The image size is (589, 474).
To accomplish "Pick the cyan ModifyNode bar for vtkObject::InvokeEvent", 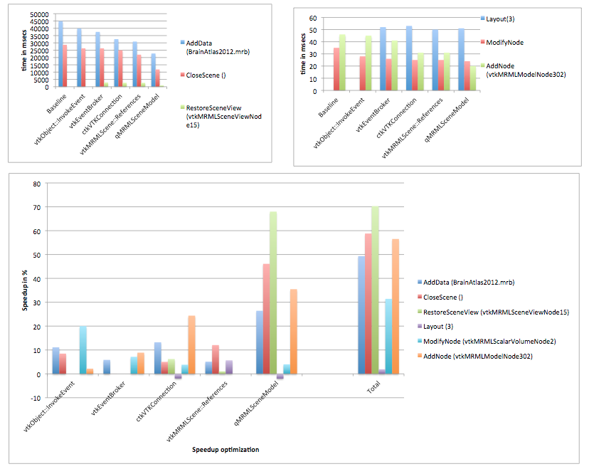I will pos(83,350).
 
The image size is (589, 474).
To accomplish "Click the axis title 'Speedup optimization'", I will pos(225,450).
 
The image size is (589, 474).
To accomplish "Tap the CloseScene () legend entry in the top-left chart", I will pos(206,74).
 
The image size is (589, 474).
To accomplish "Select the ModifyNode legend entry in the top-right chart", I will pos(504,43).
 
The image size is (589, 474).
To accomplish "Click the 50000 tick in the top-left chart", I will pos(37,14).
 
